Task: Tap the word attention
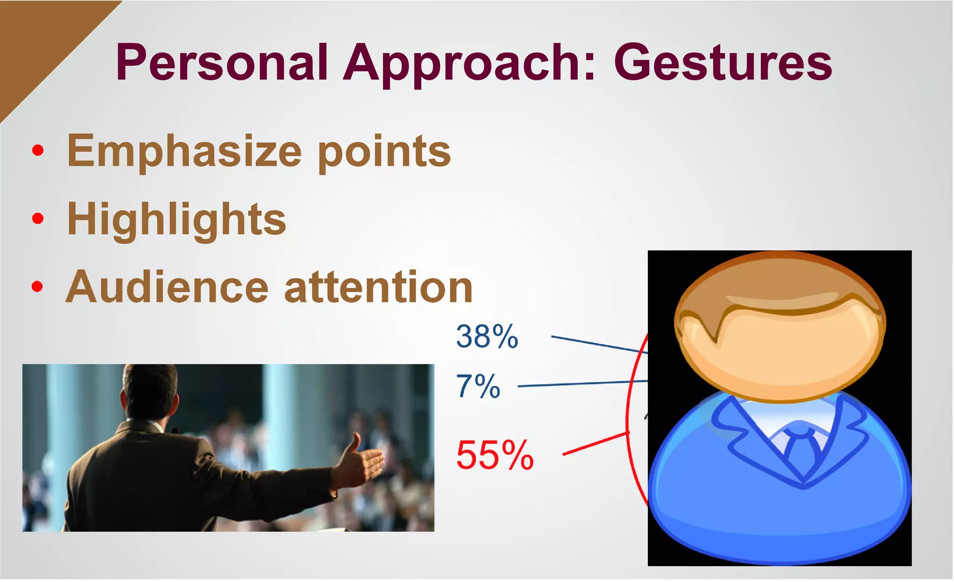(378, 287)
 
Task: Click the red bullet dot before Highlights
(38, 218)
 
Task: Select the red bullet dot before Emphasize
(38, 150)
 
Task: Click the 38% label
(487, 336)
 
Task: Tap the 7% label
(478, 386)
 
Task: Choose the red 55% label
(495, 455)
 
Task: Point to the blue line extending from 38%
(599, 344)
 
